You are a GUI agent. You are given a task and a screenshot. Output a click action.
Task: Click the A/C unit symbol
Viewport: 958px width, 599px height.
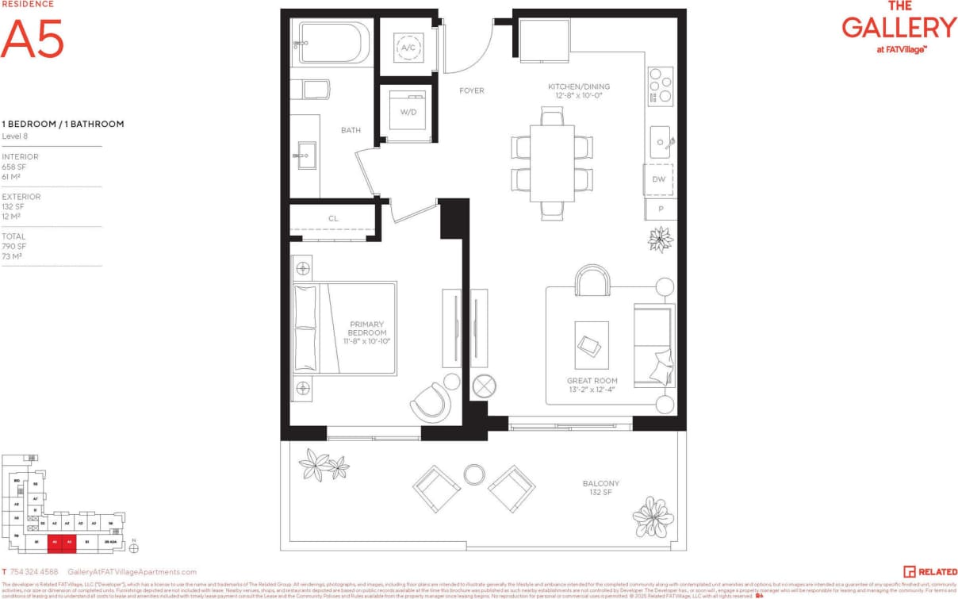click(408, 48)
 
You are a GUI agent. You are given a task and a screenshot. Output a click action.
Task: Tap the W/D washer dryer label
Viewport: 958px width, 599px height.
click(408, 112)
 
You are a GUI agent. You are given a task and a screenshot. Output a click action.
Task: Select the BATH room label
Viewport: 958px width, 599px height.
click(351, 129)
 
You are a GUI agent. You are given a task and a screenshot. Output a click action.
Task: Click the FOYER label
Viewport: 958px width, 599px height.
click(471, 90)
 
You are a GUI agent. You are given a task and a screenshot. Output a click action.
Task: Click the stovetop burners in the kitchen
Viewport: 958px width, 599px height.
click(660, 86)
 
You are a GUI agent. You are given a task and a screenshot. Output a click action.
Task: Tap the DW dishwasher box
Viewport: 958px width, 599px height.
click(659, 179)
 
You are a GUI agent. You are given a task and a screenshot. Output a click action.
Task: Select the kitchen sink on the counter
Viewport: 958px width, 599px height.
click(661, 143)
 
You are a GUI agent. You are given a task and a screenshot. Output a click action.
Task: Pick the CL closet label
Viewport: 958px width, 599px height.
click(333, 218)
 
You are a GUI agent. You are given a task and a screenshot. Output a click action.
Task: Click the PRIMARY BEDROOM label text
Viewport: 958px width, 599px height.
click(367, 328)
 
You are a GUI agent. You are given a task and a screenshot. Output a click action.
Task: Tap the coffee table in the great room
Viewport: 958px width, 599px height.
click(591, 344)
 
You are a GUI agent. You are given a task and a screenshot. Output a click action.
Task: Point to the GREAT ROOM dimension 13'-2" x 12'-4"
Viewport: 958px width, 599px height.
click(592, 390)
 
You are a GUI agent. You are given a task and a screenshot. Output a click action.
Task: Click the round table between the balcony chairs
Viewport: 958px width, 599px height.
click(474, 474)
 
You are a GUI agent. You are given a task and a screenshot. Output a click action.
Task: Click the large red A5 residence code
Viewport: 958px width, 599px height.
click(32, 39)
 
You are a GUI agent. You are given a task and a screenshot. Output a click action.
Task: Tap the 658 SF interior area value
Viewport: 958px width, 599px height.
click(13, 167)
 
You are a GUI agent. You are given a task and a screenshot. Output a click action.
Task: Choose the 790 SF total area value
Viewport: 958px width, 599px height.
click(13, 246)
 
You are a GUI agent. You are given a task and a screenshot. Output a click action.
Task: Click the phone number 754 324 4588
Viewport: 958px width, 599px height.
click(35, 571)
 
